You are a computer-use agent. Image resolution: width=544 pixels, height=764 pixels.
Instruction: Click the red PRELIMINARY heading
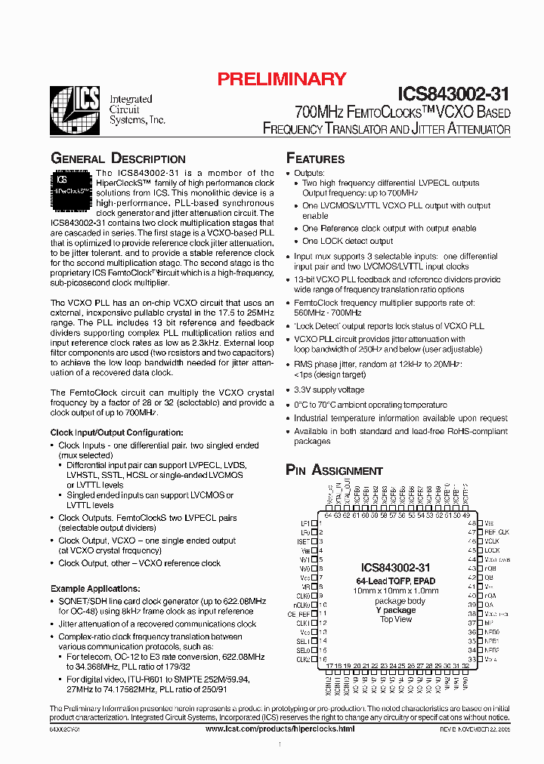(x=282, y=79)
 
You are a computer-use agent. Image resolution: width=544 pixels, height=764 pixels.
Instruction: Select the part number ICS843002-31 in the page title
(x=453, y=94)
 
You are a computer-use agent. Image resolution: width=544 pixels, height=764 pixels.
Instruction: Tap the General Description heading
(x=118, y=159)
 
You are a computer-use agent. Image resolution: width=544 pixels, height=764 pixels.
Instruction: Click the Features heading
(x=315, y=159)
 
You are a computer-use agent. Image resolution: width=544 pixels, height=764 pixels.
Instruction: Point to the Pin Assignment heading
(x=334, y=470)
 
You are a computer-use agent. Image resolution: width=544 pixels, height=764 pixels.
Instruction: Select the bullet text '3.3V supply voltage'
(x=329, y=390)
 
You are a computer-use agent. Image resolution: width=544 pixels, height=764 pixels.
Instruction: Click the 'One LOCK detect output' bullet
(x=348, y=241)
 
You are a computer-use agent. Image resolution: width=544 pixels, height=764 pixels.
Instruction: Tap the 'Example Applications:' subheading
(x=94, y=588)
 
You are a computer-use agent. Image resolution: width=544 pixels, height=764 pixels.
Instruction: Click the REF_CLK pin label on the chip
(x=496, y=532)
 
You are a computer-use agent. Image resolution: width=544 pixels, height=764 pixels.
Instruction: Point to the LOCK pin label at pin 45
(x=492, y=550)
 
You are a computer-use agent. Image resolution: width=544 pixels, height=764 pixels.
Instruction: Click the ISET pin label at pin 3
(x=304, y=541)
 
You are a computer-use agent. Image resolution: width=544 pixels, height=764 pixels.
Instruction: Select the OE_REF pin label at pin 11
(x=299, y=614)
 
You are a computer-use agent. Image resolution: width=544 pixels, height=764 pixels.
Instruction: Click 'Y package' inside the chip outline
(x=396, y=610)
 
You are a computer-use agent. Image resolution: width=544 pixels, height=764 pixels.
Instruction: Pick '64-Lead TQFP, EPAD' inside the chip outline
(x=396, y=581)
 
